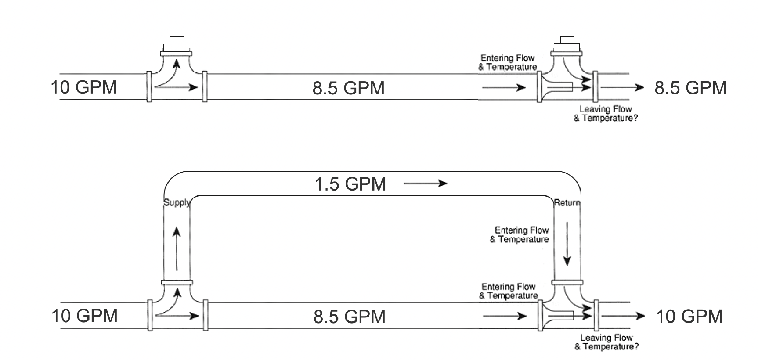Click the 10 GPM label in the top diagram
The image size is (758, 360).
coord(84,87)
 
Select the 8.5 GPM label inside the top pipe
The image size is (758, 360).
coord(348,88)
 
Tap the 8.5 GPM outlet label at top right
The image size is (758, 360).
coord(690,88)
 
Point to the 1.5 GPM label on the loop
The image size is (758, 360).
coord(350,184)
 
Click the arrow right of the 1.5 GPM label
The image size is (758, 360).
coord(425,184)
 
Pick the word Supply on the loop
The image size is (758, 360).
coord(177,202)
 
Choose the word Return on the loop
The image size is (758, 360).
coord(567,203)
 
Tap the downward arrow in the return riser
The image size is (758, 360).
coord(567,244)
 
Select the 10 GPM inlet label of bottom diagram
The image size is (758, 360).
coord(84,316)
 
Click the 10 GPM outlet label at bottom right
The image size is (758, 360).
coord(689,316)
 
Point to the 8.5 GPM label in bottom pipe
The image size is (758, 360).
coord(349,317)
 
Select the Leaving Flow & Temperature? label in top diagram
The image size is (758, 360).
coord(606,114)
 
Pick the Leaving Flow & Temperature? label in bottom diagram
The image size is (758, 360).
coord(606,342)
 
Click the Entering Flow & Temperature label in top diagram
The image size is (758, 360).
coord(507,62)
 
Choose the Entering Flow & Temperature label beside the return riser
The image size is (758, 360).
coord(520,234)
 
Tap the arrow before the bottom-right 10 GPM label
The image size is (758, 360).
coord(623,316)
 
